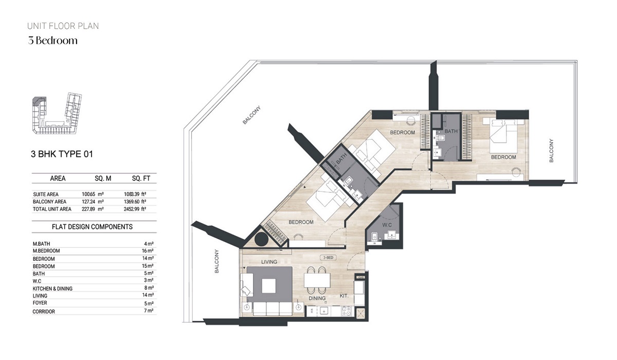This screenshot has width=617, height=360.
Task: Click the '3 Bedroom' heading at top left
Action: (x=53, y=41)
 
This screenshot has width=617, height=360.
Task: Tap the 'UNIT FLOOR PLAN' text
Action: (x=63, y=26)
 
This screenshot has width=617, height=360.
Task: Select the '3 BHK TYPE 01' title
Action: (x=62, y=153)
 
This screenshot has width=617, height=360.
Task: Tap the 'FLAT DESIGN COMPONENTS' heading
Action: (x=92, y=227)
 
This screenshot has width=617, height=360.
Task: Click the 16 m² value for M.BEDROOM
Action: (x=149, y=251)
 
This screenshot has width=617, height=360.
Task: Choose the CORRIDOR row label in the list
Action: (x=44, y=312)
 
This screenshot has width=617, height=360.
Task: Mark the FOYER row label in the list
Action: (x=40, y=304)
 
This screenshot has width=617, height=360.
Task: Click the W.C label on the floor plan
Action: (x=388, y=225)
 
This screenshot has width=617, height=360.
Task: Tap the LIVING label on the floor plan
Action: (x=269, y=262)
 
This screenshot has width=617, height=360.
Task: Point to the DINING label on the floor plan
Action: (x=318, y=298)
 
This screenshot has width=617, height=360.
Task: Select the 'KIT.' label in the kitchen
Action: (x=344, y=296)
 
